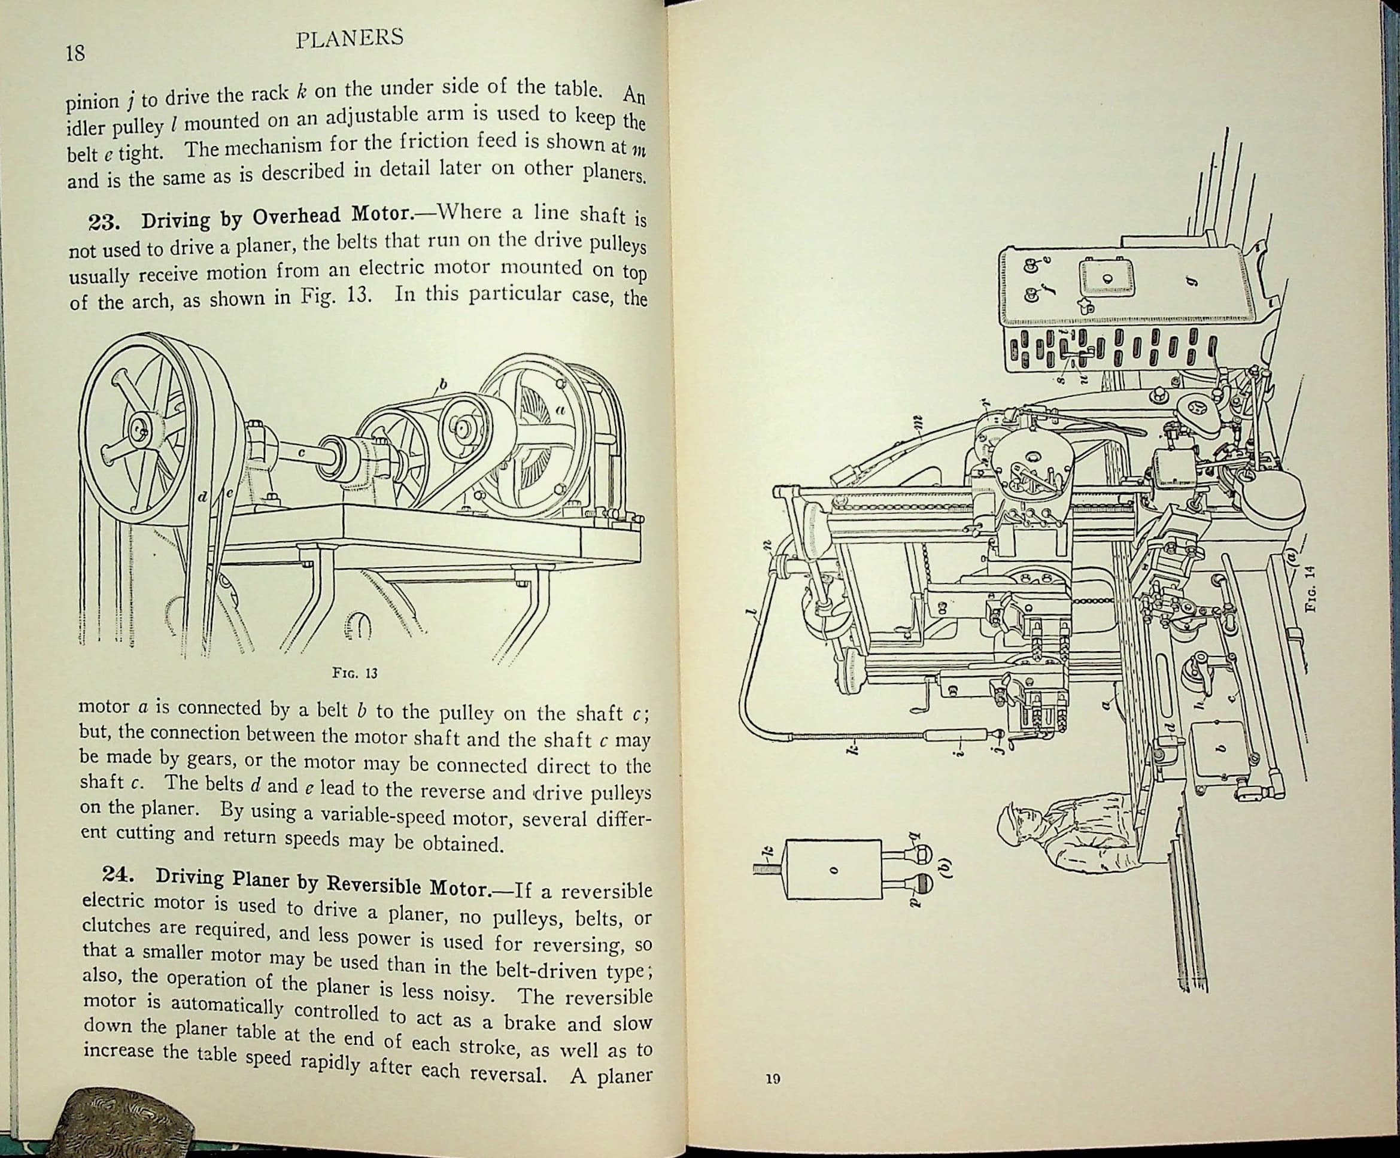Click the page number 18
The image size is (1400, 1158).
tap(75, 53)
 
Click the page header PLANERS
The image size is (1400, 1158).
tap(350, 39)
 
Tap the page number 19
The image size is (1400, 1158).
tap(773, 1078)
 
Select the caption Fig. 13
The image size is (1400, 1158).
tap(355, 673)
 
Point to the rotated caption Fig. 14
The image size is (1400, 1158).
tap(1310, 588)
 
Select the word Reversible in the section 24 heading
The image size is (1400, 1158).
tap(371, 884)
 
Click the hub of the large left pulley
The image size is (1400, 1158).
tap(139, 431)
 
